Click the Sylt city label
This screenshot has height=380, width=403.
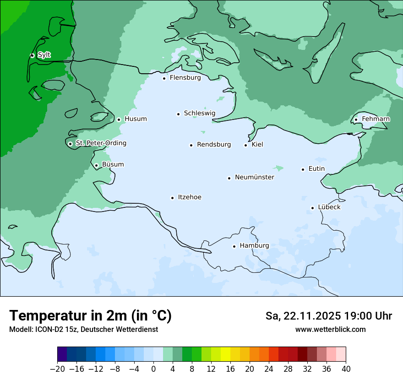44,55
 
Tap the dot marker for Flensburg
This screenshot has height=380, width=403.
164,78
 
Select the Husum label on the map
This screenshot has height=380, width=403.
136,119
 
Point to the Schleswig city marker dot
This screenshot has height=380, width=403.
178,114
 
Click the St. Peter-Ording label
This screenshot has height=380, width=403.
101,143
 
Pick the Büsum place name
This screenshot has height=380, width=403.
113,165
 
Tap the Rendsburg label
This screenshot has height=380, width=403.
214,145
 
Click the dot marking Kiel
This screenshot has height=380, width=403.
246,146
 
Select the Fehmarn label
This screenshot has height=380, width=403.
376,119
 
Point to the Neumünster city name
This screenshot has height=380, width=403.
255,177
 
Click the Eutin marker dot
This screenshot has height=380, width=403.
303,169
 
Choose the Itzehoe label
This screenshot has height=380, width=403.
190,197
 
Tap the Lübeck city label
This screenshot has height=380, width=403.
329,207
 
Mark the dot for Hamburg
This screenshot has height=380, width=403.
234,246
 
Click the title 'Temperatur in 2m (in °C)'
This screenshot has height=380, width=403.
90,315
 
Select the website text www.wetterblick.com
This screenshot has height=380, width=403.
330,329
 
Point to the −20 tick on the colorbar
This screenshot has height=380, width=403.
57,369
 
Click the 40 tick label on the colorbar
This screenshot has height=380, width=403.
346,369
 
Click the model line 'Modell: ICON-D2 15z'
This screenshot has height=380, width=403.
44,329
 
